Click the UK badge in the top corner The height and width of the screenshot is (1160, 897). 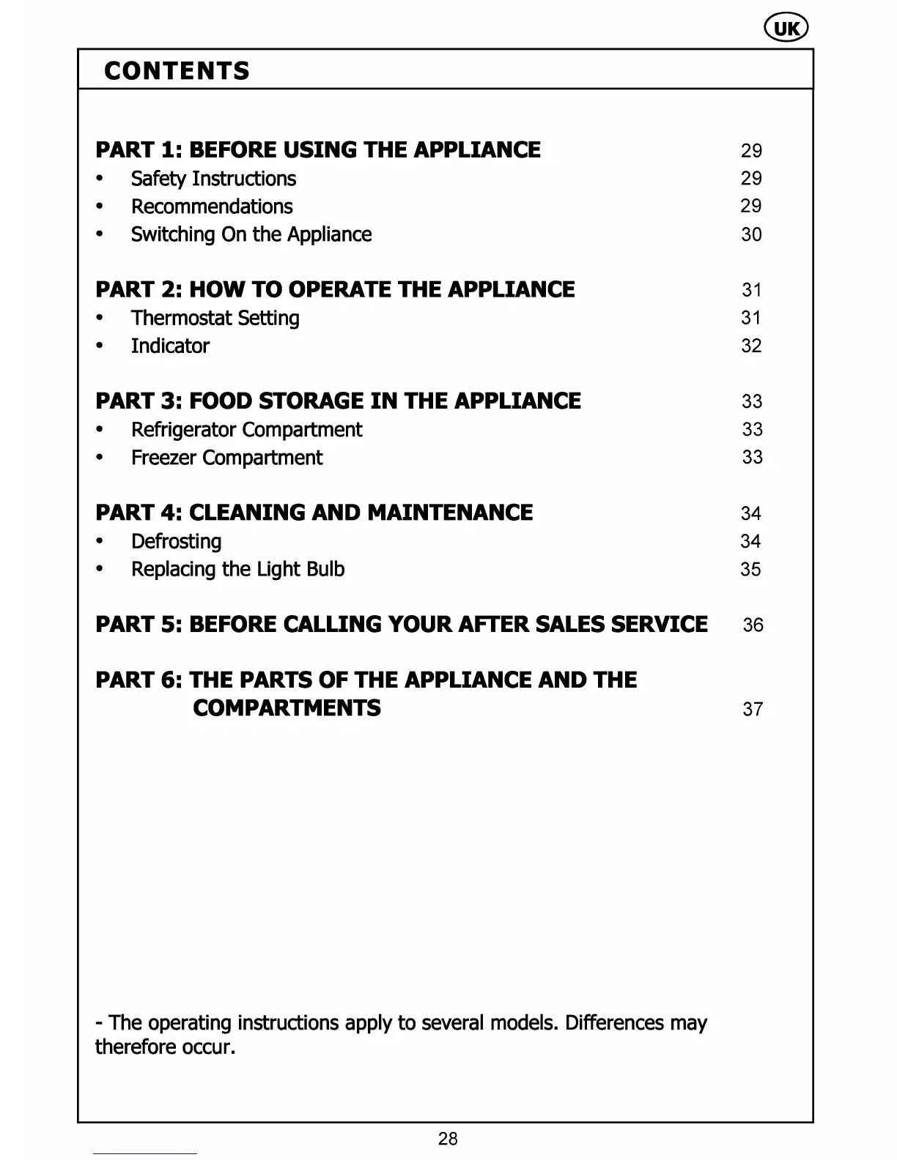tap(786, 29)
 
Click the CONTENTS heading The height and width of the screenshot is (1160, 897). tap(177, 71)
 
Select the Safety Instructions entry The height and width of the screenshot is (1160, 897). tap(213, 179)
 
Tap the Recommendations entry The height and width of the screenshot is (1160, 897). tap(212, 207)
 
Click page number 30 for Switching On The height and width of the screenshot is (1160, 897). tap(751, 235)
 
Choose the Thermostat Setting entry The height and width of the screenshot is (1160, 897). tap(215, 318)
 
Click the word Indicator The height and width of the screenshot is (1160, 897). tap(170, 346)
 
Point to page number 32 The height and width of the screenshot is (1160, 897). tap(751, 346)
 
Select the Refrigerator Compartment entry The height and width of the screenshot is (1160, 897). tap(246, 430)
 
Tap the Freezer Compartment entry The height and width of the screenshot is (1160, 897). tap(226, 458)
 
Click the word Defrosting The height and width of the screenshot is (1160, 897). tap(176, 541)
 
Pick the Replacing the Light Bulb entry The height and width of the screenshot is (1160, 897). tap(237, 569)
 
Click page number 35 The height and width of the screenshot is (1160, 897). tap(750, 570)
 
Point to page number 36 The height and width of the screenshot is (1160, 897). tap(753, 625)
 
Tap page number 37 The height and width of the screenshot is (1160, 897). tap(753, 710)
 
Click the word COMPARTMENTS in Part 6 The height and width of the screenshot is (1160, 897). tap(287, 708)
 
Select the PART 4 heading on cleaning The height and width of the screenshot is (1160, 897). tap(314, 513)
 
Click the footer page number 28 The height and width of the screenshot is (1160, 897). tap(448, 1139)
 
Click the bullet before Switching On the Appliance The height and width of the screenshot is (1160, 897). tap(100, 235)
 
